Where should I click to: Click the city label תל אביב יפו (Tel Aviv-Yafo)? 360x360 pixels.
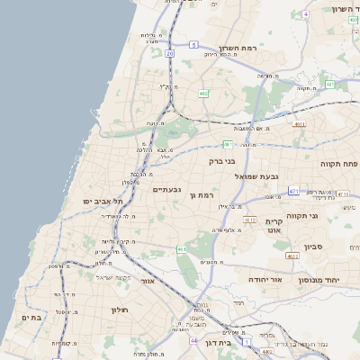point(103,202)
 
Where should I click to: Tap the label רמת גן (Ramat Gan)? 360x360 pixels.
point(206,195)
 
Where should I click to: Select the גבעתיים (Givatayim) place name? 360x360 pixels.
point(167,189)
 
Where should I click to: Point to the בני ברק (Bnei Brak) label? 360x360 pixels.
point(221,162)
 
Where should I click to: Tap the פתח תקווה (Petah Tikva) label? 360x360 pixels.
point(338,164)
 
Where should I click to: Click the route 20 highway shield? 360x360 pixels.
point(169,53)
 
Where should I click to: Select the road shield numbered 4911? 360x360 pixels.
point(300,124)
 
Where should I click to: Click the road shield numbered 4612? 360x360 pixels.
point(251,219)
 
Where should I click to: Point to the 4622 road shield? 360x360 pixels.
point(292,256)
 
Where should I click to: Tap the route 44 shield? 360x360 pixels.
point(193,341)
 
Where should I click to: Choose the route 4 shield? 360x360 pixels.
point(306,14)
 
